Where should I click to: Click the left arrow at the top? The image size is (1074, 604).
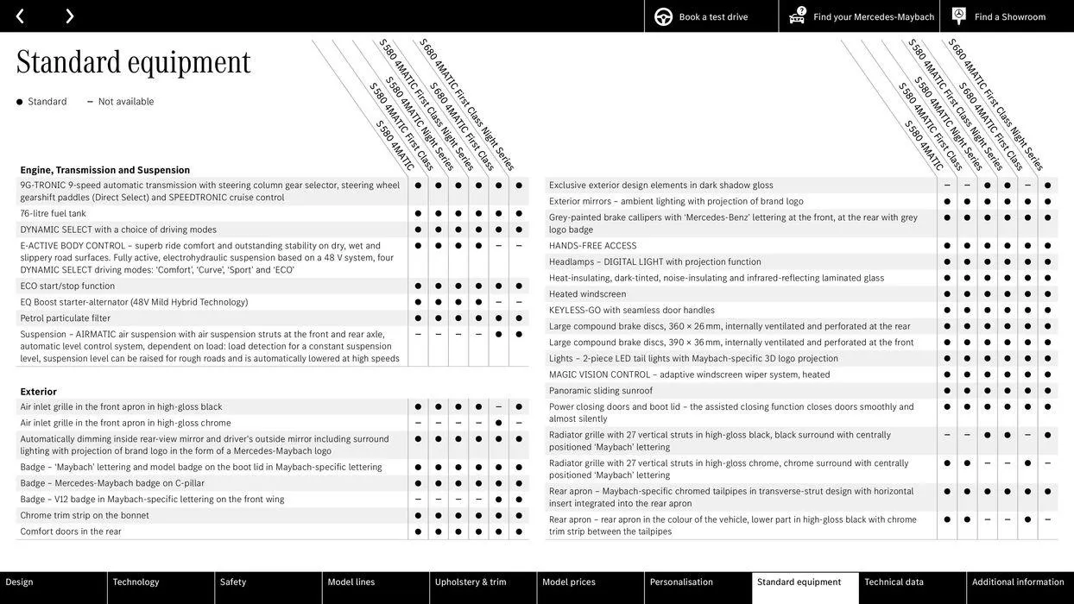[20, 16]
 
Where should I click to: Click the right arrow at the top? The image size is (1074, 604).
[69, 16]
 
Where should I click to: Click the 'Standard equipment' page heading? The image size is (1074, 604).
[133, 62]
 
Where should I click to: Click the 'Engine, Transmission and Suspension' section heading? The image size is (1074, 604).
[104, 170]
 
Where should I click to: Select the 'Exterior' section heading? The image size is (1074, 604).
[39, 392]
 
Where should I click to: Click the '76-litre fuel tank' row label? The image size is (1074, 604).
[53, 214]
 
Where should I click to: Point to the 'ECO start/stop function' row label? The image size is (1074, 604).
[67, 286]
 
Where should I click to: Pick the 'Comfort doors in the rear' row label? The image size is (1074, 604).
[71, 532]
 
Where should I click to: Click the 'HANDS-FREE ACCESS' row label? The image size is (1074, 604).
[592, 246]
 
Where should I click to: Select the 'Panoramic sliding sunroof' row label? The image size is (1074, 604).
[601, 391]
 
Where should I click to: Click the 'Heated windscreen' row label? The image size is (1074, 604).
[587, 294]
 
